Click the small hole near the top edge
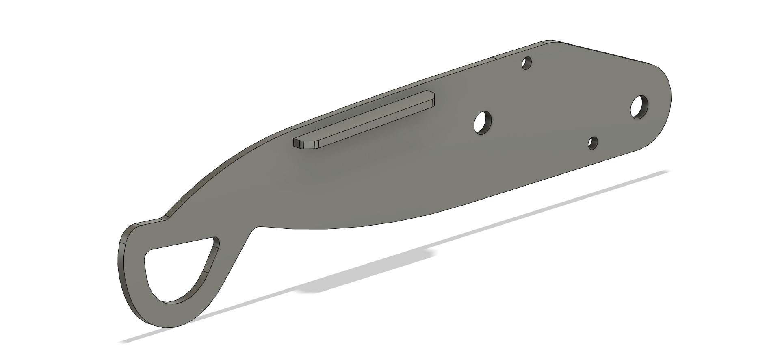[527, 63]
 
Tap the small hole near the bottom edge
[593, 143]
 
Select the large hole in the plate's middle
[483, 122]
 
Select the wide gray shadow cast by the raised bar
[366, 270]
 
